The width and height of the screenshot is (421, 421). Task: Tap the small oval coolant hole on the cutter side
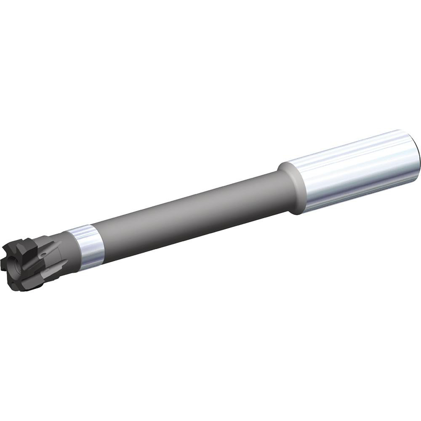click(x=43, y=256)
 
